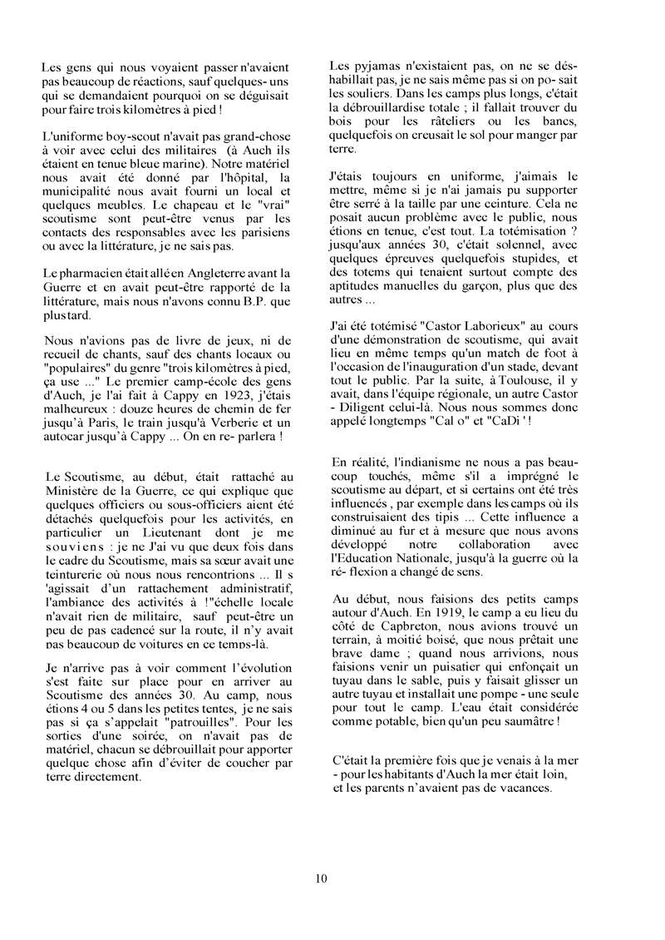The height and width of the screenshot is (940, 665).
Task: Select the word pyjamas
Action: pyautogui.click(x=372, y=66)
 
